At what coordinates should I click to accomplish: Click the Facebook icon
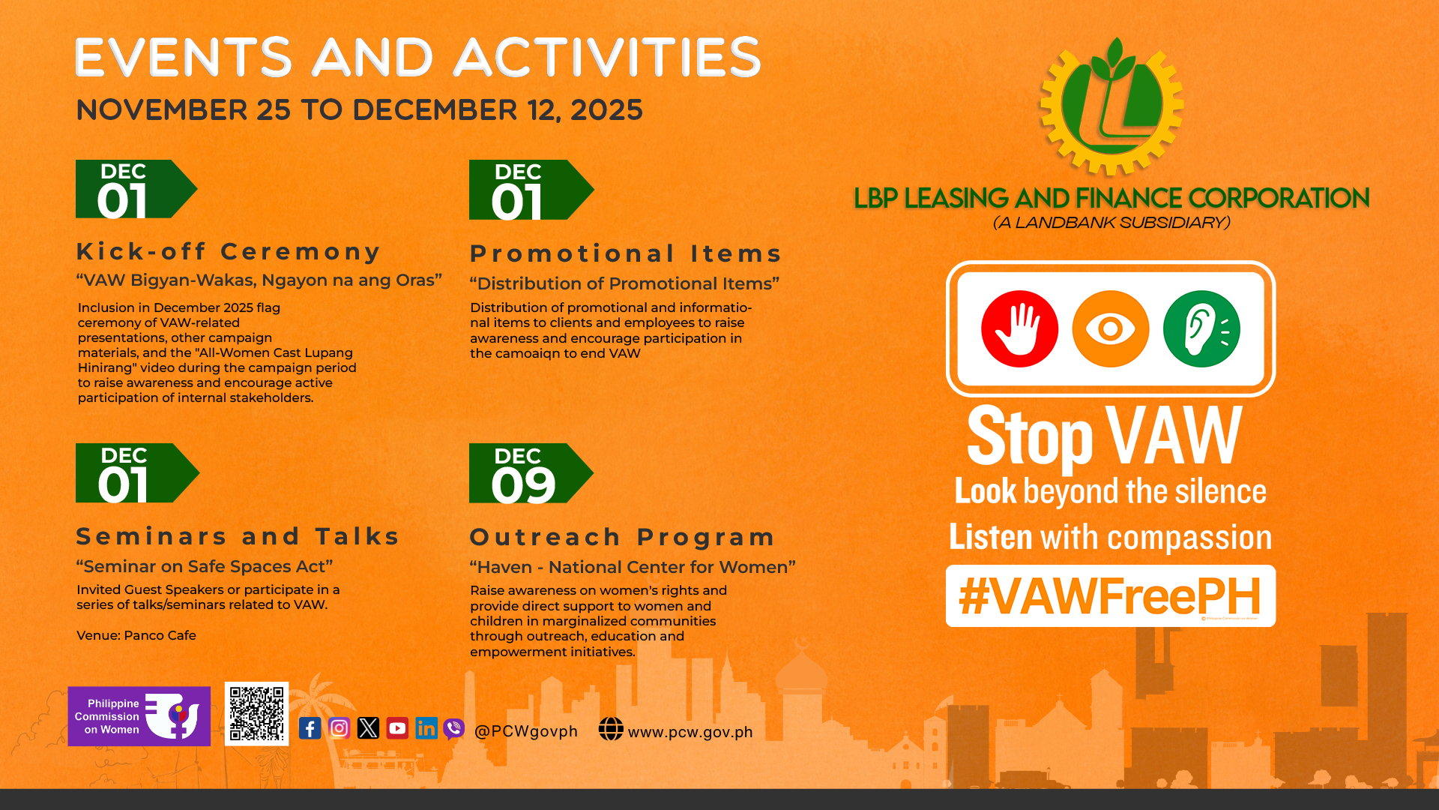310,728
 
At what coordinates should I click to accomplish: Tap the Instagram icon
339,728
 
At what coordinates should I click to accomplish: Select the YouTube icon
397,728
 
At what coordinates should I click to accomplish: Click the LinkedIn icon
426,728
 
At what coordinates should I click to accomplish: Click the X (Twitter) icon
368,728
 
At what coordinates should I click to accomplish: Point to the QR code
256,714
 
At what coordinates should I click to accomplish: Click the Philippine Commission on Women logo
139,716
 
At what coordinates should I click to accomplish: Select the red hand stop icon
1019,328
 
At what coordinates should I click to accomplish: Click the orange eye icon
1110,328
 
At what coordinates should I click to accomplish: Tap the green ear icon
1201,328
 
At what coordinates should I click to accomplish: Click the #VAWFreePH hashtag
1110,596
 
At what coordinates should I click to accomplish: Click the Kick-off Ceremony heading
229,251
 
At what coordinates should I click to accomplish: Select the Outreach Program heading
622,537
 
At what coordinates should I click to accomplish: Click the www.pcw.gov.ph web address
690,732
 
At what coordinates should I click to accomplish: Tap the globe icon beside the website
611,729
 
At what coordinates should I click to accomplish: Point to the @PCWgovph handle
526,731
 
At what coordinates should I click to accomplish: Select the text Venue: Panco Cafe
136,635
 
